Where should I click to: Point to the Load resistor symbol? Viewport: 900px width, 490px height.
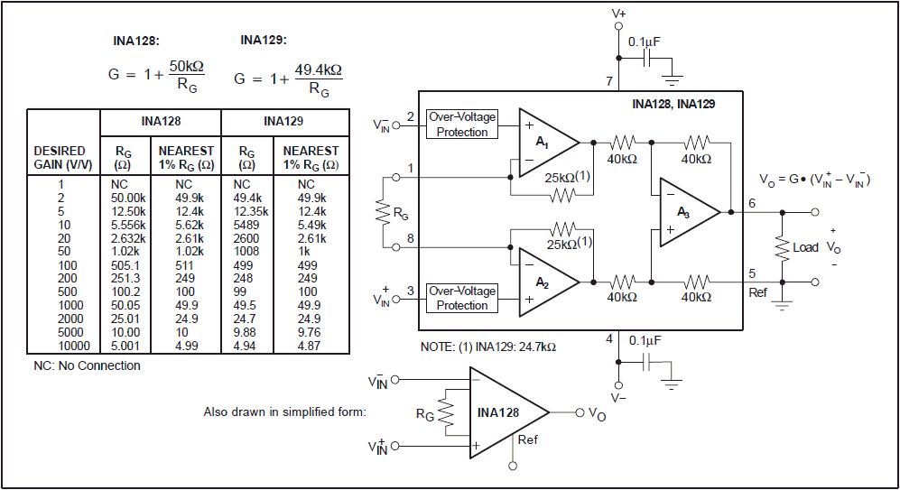tap(782, 247)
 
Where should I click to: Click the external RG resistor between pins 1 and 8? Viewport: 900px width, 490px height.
tap(383, 212)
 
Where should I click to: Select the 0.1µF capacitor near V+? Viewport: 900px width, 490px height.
tap(646, 58)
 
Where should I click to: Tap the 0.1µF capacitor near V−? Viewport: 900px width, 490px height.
tap(647, 362)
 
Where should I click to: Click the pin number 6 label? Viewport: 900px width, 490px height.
tap(752, 204)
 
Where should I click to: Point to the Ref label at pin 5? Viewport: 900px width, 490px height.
tap(757, 292)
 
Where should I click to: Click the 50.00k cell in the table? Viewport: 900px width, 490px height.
tap(128, 198)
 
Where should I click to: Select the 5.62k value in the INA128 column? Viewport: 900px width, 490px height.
tap(190, 225)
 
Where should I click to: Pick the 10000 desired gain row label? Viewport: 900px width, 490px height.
tap(74, 346)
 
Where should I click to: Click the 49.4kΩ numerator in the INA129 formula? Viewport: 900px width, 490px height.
tap(319, 70)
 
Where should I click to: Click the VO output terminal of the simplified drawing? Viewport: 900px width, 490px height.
tap(580, 412)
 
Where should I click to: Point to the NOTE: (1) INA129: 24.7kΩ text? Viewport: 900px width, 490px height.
tap(487, 347)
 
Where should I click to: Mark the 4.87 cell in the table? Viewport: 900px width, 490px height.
tap(309, 346)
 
